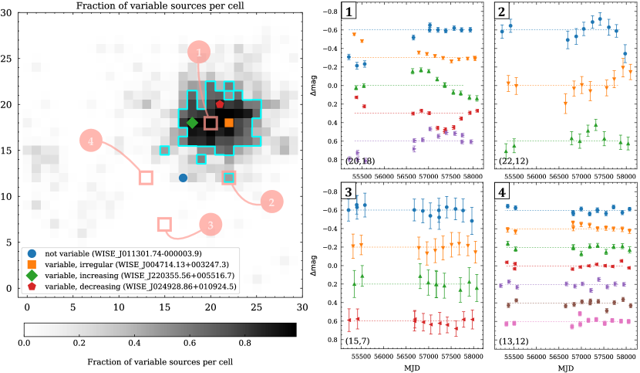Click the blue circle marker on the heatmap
(x=183, y=178)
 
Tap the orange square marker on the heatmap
(x=229, y=123)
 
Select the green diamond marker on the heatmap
(x=192, y=123)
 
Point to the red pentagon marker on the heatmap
(x=220, y=103)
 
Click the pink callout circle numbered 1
(x=200, y=53)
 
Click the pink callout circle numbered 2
(x=271, y=203)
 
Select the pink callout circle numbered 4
(x=91, y=141)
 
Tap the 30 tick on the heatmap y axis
(x=8, y=12)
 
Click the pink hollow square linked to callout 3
(x=164, y=224)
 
